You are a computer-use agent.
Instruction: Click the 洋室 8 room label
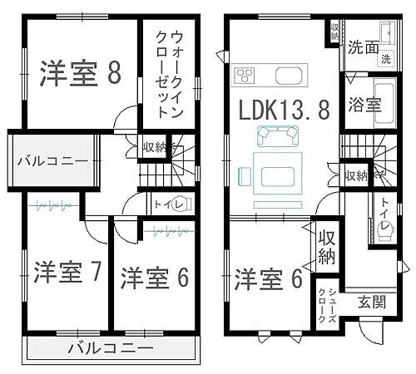click(x=80, y=73)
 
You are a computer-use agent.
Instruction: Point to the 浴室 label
click(x=365, y=106)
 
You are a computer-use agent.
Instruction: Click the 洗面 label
click(x=364, y=47)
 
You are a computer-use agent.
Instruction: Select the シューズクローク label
click(x=323, y=304)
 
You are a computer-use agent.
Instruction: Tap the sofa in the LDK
click(x=278, y=134)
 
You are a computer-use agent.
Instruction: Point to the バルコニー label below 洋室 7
click(x=110, y=347)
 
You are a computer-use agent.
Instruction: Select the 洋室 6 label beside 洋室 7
click(x=153, y=278)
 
